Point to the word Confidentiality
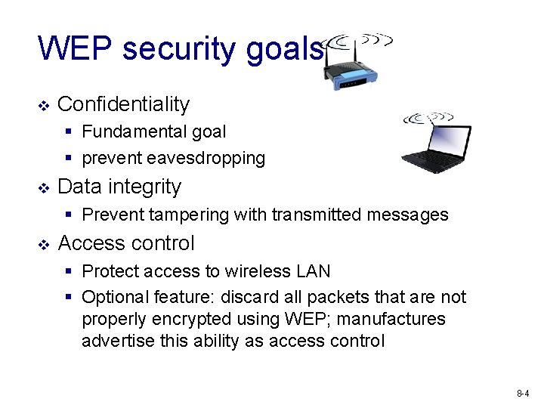click(123, 104)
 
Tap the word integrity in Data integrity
click(146, 187)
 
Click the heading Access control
click(125, 243)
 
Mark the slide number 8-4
click(522, 394)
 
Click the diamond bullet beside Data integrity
click(44, 187)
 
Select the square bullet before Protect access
click(68, 271)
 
